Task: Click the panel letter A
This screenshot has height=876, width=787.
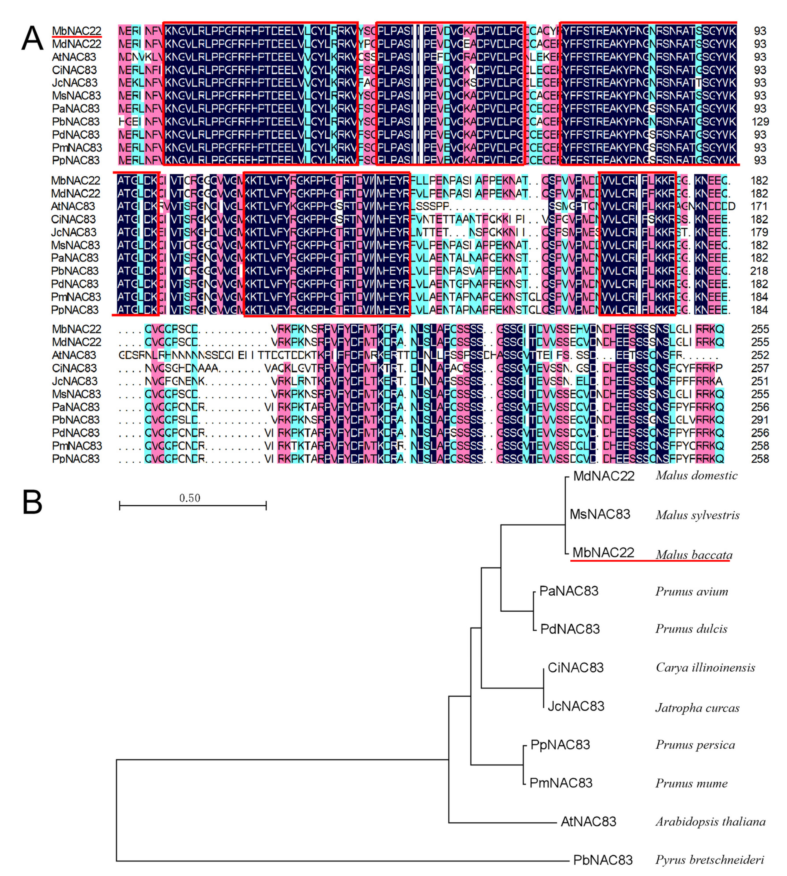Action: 32,39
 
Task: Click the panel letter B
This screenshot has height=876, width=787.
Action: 32,502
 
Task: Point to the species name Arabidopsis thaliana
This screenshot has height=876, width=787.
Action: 710,822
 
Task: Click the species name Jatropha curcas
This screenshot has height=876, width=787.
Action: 697,708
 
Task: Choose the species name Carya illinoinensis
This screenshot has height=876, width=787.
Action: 705,668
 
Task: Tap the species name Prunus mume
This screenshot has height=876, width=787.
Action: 691,783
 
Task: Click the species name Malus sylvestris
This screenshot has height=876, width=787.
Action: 697,515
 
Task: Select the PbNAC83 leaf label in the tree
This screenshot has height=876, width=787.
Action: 603,860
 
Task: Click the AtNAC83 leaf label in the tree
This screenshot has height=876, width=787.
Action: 588,822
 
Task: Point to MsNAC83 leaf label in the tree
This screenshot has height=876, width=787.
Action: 600,514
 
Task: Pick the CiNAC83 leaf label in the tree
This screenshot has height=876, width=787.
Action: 576,668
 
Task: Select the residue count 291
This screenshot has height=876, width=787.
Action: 760,420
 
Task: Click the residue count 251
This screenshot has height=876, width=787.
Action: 760,381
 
